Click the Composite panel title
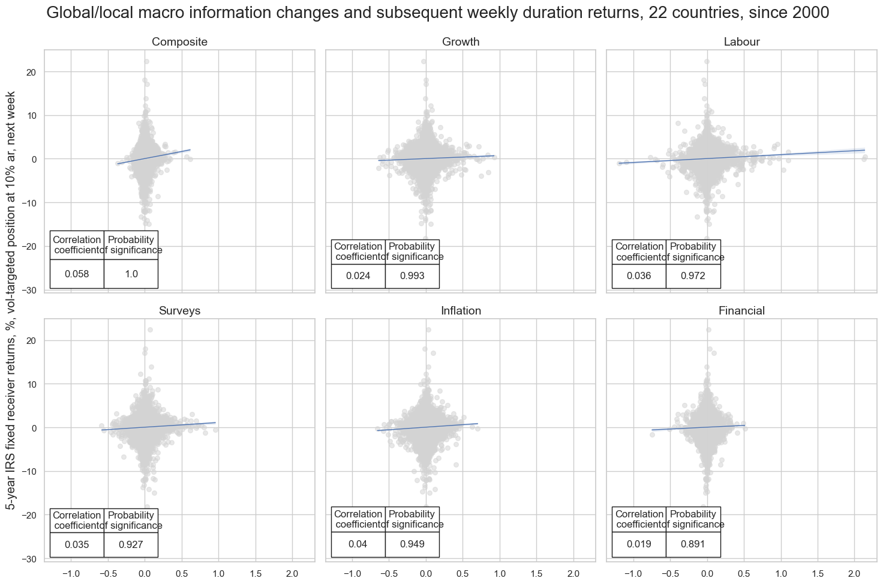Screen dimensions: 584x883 coord(179,42)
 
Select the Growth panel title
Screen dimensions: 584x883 coord(461,42)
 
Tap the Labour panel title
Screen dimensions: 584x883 coord(741,42)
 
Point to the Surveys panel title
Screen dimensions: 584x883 coord(179,311)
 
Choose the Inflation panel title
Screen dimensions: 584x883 coord(461,311)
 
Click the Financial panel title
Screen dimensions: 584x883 coord(741,311)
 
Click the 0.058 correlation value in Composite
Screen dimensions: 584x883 coord(77,274)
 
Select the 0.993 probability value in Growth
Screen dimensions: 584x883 coord(412,276)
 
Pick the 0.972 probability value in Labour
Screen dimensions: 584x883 coord(693,276)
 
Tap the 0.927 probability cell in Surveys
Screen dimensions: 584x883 coord(131,545)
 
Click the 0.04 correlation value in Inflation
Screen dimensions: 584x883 coord(358,544)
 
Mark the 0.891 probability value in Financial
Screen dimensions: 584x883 coord(693,544)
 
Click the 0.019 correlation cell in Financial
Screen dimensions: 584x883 coord(639,544)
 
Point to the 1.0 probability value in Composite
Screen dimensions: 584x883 coord(131,274)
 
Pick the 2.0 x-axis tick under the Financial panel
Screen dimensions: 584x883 coord(854,573)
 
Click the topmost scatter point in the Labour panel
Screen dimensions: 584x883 coord(707,61)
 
